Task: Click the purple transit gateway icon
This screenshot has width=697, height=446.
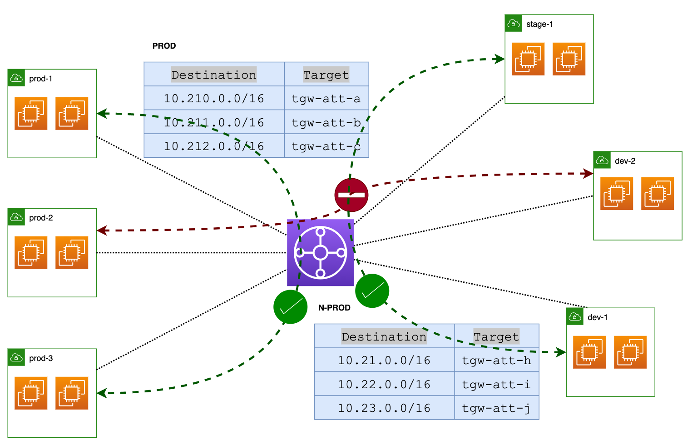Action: (x=320, y=253)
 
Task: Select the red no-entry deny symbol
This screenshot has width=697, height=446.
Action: (x=351, y=195)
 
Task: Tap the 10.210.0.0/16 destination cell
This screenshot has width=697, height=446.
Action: (x=214, y=98)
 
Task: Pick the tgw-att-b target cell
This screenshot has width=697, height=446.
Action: (x=326, y=122)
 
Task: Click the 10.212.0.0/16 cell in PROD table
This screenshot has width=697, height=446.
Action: (x=214, y=146)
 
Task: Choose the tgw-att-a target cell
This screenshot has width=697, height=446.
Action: (x=326, y=98)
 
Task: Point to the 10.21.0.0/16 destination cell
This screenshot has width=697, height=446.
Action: (x=384, y=360)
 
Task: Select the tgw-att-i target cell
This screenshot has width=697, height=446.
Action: (x=497, y=384)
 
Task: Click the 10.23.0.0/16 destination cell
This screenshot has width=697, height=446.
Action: (x=384, y=408)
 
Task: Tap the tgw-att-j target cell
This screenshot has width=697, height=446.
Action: (x=497, y=408)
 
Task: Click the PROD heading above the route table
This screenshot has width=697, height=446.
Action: (x=164, y=46)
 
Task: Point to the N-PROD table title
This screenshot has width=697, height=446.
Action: (x=334, y=308)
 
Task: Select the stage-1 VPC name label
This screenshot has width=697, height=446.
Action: (x=539, y=24)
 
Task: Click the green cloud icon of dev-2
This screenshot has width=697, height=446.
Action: (x=602, y=160)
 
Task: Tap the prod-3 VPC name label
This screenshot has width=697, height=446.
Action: (x=41, y=358)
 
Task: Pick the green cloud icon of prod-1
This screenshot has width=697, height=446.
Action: (x=16, y=78)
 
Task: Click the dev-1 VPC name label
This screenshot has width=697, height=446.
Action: (x=598, y=317)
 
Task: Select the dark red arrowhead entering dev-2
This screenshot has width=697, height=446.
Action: (x=588, y=174)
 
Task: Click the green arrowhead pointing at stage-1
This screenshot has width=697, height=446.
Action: (x=499, y=59)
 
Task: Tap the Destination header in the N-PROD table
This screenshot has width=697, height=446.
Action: (x=384, y=336)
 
